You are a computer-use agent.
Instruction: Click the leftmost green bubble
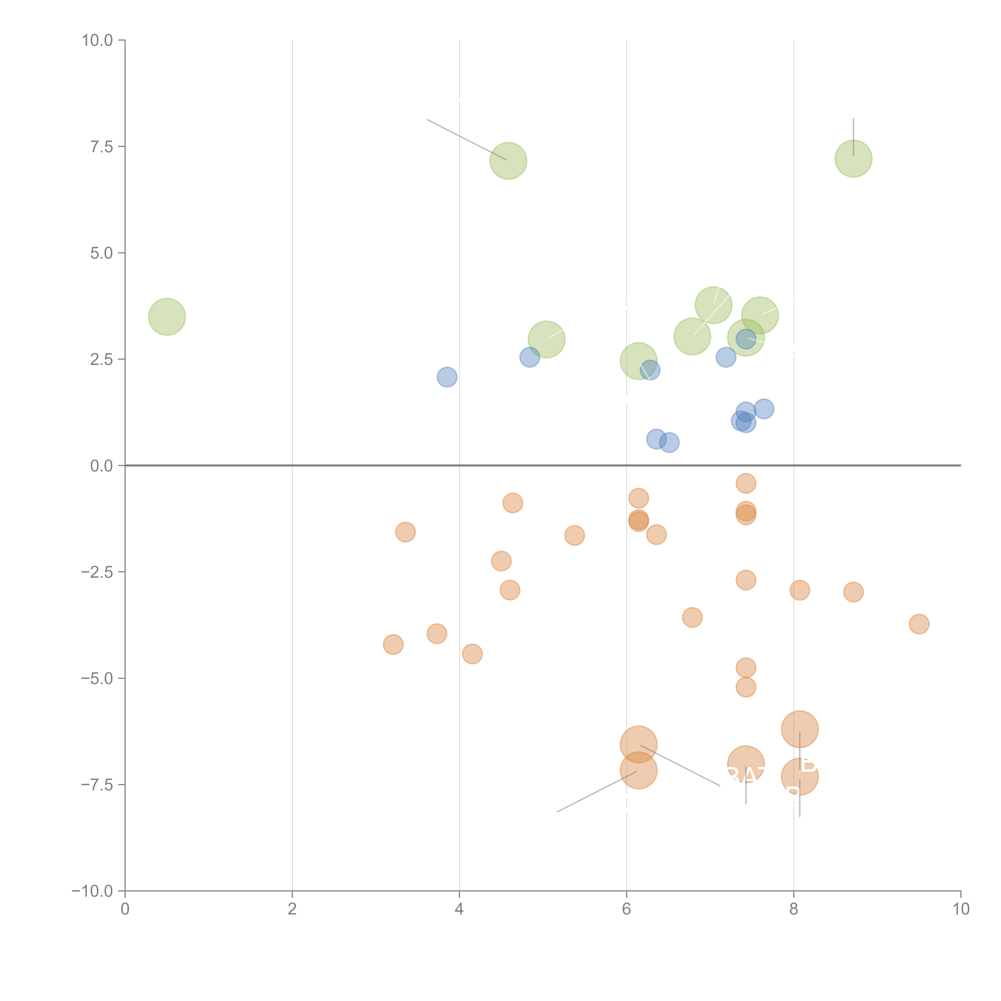click(167, 317)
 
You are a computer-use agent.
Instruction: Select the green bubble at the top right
click(853, 159)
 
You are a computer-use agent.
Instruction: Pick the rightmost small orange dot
click(919, 624)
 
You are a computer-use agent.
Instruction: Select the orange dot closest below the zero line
click(746, 483)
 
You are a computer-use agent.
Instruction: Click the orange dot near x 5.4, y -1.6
click(574, 535)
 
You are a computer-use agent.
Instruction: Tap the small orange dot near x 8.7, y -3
click(853, 592)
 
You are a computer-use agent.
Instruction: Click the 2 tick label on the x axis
click(292, 909)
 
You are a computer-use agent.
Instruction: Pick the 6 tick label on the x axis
click(626, 909)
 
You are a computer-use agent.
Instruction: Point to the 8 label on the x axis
click(794, 909)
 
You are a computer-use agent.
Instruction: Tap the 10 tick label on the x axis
click(961, 909)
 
